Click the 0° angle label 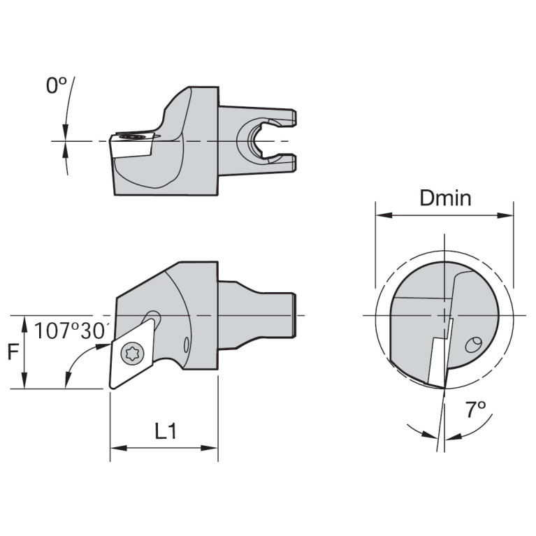pos(56,86)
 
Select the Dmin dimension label pos(445,198)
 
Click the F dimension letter pos(12,352)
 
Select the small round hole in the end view pos(473,344)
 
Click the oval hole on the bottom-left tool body pos(187,345)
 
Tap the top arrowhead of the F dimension pos(25,321)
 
